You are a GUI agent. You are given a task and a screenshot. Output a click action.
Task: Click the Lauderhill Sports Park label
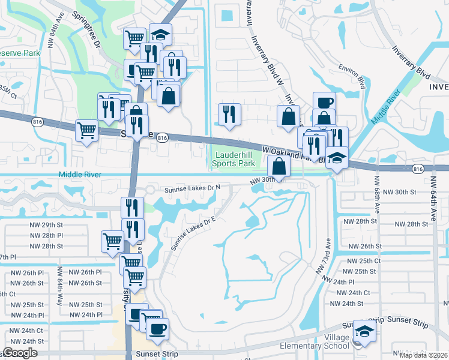coord(235,159)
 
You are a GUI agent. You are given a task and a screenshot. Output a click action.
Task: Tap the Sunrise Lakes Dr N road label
coord(193,188)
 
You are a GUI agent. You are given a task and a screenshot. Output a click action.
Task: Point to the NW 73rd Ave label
coord(324,257)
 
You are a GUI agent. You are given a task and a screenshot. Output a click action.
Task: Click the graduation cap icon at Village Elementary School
coord(364,331)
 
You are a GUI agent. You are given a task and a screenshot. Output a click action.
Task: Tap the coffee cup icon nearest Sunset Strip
coord(158,328)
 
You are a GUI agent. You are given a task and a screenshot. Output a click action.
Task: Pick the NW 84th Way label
coord(60,291)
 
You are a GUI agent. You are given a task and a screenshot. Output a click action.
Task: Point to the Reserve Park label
coord(19,54)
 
